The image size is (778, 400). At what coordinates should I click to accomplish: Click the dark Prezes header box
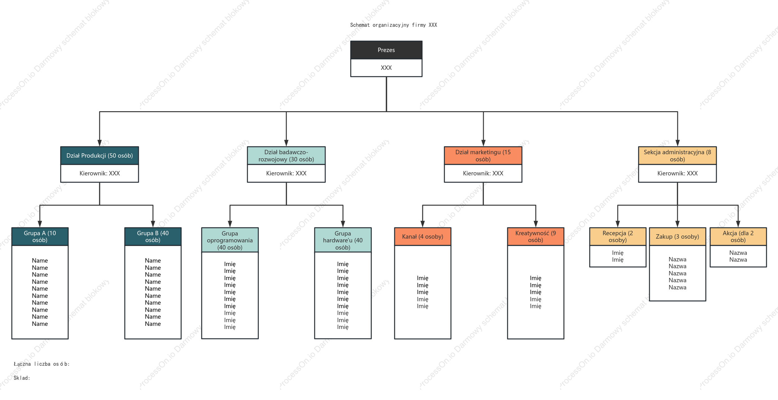coord(386,50)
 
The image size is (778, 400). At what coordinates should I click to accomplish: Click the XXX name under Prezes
coord(386,68)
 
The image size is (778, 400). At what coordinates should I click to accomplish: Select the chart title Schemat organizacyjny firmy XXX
coord(393,25)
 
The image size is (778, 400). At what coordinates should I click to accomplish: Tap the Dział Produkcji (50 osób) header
coord(100,155)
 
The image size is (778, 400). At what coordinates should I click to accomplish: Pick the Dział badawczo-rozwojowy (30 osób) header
coord(286,155)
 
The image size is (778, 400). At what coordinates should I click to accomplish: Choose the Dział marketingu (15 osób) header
coord(483,155)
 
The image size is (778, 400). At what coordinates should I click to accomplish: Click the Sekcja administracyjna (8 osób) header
coord(677,155)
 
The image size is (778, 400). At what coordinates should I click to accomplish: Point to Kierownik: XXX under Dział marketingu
coord(483,173)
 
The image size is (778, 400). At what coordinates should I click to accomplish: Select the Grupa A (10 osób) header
coord(40,236)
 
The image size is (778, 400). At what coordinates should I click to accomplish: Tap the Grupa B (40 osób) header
coord(153,236)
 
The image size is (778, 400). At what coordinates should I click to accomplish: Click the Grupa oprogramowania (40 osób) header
coord(230,240)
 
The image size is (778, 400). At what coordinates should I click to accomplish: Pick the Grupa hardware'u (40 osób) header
coord(343,240)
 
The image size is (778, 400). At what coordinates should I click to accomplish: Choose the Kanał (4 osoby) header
coord(423,236)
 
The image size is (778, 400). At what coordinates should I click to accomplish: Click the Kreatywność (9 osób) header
coord(536,236)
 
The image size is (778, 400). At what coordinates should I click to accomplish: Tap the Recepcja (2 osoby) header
coord(618,236)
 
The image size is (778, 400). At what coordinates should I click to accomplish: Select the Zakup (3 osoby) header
coord(677,236)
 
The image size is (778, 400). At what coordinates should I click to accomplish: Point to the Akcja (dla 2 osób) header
coord(738,236)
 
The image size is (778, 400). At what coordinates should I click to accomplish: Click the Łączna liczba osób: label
coord(42,364)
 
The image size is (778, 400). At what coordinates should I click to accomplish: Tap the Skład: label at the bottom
coord(22,378)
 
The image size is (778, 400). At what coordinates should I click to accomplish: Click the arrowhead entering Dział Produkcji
coord(100,143)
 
